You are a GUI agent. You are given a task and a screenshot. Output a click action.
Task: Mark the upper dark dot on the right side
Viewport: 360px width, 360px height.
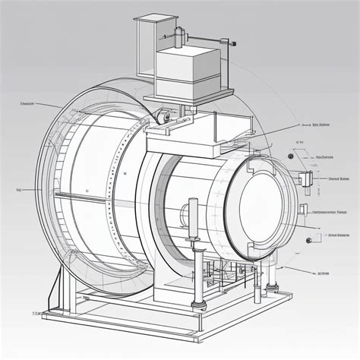(x=291, y=157)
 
